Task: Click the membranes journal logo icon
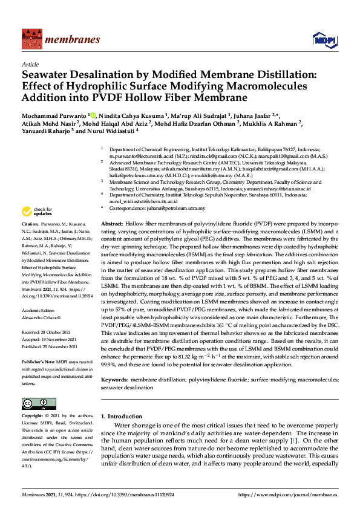(31, 39)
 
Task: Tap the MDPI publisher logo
(324, 40)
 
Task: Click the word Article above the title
(30, 63)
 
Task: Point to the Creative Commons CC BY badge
(35, 403)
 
